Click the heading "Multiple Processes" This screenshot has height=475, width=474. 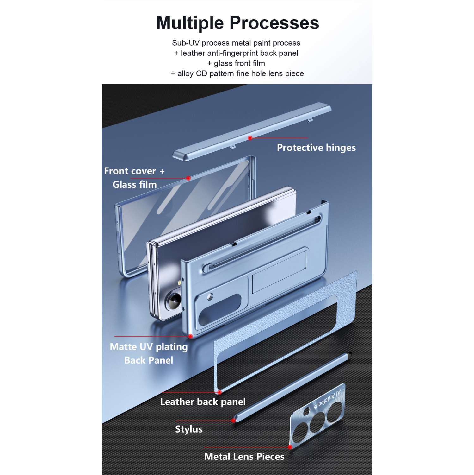point(237,23)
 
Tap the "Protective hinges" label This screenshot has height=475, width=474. point(316,148)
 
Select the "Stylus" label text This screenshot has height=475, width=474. point(189,429)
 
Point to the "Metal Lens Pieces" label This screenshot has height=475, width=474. point(244,456)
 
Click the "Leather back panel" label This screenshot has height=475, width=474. point(203,402)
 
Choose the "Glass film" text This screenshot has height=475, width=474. point(135,184)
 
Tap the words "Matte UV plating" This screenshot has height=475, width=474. point(149,347)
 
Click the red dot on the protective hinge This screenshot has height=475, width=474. point(250,138)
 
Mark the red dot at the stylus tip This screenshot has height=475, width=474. point(233,421)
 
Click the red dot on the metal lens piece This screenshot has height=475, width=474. point(290,447)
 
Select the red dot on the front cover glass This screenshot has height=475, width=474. point(188,178)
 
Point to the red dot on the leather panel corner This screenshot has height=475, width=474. point(219,392)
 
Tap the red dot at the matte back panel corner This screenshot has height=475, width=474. point(190,336)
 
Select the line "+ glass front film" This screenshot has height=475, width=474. point(236,63)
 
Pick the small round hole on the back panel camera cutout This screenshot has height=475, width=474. point(210,297)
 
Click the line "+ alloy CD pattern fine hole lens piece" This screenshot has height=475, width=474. point(237,73)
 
